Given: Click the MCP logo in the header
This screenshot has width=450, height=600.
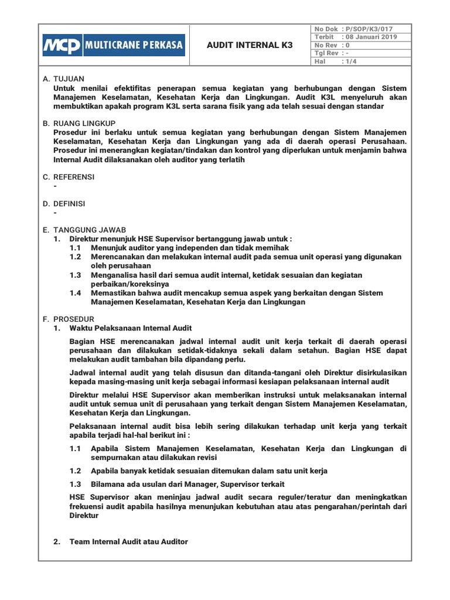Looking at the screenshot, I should tap(62, 45).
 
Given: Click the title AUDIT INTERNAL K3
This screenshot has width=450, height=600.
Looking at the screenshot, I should tap(250, 45).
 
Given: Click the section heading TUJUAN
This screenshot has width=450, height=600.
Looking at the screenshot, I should tap(69, 79).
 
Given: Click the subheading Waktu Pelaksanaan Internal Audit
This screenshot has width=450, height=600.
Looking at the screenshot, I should tap(131, 328).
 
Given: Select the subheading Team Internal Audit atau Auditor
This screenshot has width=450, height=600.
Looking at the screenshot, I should tap(128, 541).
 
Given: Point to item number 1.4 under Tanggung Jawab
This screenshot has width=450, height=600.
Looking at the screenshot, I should tap(75, 293).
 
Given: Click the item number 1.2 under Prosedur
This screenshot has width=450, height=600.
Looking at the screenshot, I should tap(75, 471).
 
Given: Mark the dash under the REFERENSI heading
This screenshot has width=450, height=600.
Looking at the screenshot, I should tap(54, 186).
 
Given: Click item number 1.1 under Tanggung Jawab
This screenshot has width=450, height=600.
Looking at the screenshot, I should tap(75, 248).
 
